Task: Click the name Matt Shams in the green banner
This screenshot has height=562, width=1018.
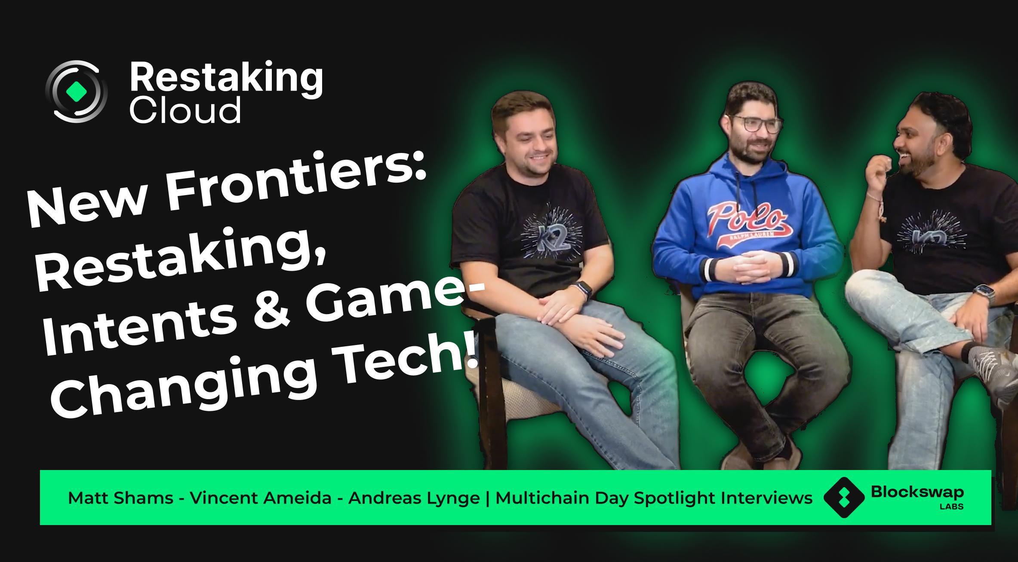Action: pos(120,498)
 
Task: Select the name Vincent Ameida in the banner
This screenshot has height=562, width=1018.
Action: pos(261,498)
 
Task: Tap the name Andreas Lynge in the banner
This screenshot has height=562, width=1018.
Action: pos(414,499)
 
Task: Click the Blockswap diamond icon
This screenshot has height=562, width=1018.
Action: pos(844,497)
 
